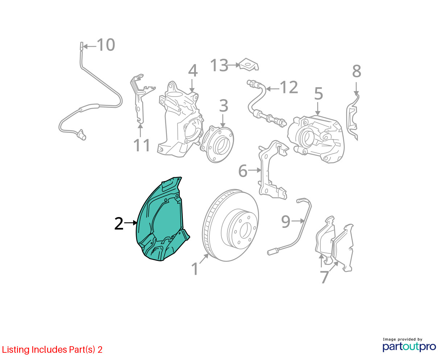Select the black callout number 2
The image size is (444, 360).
pyautogui.click(x=119, y=224)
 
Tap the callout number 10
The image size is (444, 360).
pyautogui.click(x=106, y=45)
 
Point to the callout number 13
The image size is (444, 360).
pyautogui.click(x=219, y=65)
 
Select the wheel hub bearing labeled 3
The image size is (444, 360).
pyautogui.click(x=217, y=144)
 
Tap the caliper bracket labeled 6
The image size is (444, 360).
pyautogui.click(x=272, y=170)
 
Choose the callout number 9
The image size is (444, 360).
pyautogui.click(x=285, y=222)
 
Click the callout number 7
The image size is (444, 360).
pyautogui.click(x=324, y=277)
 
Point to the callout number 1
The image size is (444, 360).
pyautogui.click(x=195, y=269)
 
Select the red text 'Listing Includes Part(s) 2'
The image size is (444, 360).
pyautogui.click(x=52, y=349)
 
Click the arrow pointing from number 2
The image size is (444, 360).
pyautogui.click(x=131, y=223)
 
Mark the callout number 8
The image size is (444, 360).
pyautogui.click(x=357, y=71)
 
